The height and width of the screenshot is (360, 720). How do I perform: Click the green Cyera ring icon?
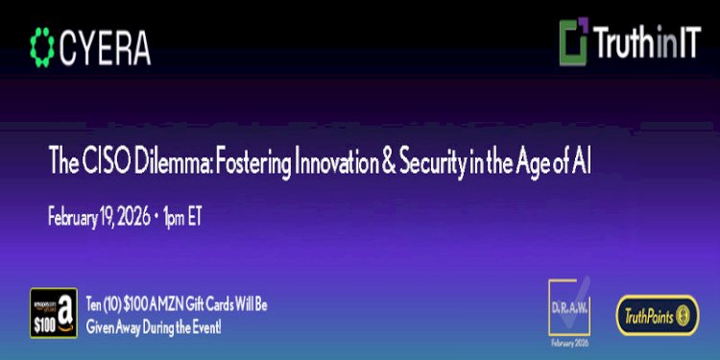tap(43, 44)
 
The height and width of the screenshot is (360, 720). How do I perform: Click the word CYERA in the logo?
tap(105, 45)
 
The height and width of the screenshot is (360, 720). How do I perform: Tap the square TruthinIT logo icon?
tap(574, 44)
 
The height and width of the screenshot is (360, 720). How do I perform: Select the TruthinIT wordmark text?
tap(644, 44)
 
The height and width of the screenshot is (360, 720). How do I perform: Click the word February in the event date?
tap(80, 216)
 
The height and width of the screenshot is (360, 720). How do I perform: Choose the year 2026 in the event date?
tap(132, 216)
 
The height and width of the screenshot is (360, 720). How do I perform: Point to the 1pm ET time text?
tap(182, 216)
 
